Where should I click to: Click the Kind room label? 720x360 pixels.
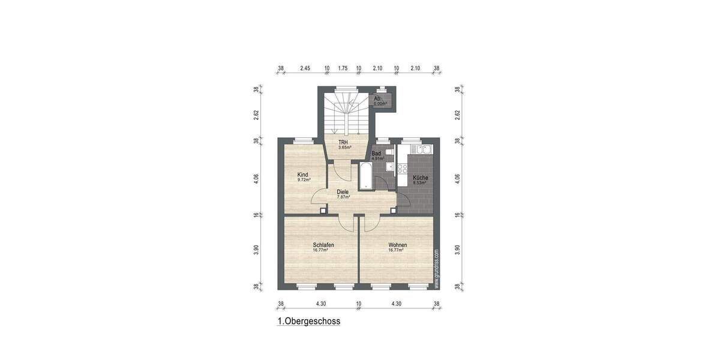[x=303, y=175]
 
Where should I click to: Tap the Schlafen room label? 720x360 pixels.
[x=323, y=245]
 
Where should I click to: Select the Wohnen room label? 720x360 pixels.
[x=398, y=245]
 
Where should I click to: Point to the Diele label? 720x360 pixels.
[x=343, y=192]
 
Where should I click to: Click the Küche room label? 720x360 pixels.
[x=419, y=177]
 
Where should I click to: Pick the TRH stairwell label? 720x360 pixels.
[x=343, y=142]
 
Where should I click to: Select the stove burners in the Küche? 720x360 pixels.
[x=400, y=168]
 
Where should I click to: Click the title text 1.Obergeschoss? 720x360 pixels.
[x=309, y=321]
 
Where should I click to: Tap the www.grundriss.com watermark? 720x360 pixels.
[x=436, y=270]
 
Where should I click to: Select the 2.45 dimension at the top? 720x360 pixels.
[x=305, y=68]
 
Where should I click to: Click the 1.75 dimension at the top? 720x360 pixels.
[x=343, y=68]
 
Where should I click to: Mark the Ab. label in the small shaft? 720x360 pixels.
[x=377, y=98]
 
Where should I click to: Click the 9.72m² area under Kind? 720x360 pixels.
[x=303, y=180]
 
